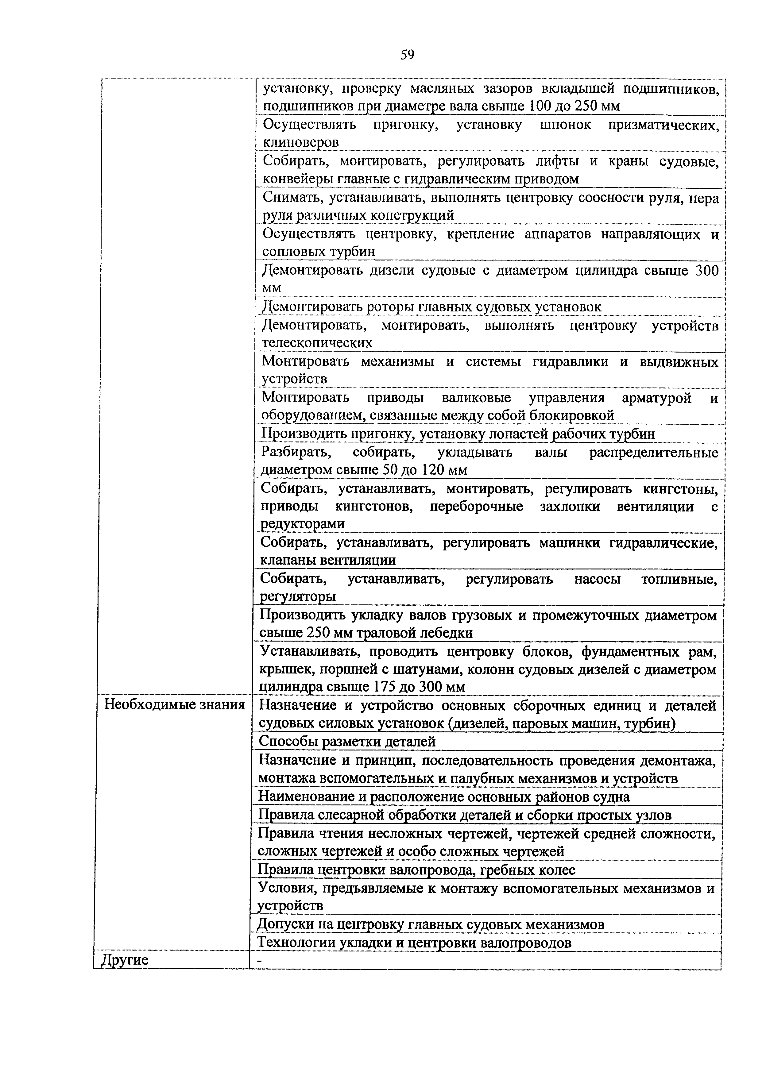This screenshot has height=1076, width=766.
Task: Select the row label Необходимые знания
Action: (x=175, y=705)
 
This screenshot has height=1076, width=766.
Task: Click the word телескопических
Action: (x=317, y=343)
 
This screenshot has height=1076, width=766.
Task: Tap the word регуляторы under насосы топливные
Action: (x=298, y=597)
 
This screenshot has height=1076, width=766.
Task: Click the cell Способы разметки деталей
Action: (x=347, y=742)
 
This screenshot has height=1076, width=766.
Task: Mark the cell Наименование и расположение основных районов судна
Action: (x=444, y=797)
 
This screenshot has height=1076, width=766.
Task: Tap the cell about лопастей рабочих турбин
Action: (x=458, y=434)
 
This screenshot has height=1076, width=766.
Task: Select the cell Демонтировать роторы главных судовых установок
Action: (x=431, y=307)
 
